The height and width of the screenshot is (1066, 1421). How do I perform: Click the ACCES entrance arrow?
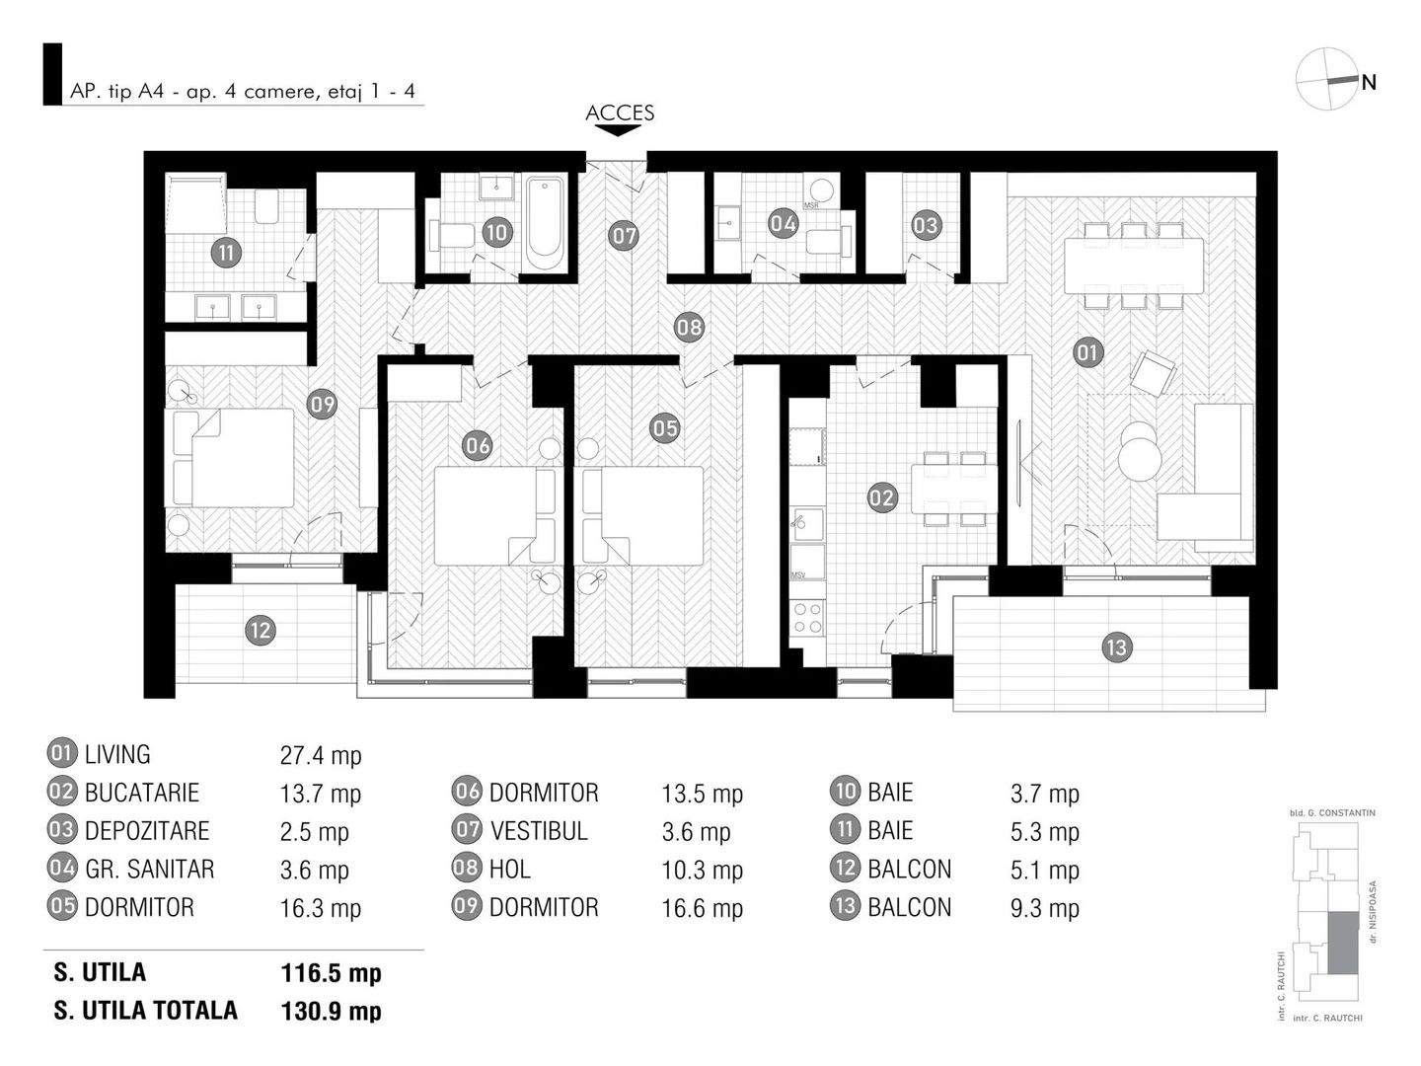(x=619, y=130)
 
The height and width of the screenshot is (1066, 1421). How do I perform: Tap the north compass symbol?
(x=1326, y=79)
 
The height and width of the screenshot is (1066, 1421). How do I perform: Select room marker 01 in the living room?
(x=1087, y=352)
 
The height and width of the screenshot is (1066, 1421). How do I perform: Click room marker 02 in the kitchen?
(x=881, y=497)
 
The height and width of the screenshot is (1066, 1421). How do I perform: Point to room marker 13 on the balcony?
(x=1116, y=647)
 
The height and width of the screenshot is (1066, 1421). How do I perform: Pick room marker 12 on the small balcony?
(x=261, y=630)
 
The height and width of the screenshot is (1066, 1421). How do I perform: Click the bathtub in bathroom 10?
(x=545, y=223)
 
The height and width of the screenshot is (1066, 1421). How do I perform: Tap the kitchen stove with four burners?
(x=808, y=618)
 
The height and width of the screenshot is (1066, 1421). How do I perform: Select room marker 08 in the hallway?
(x=689, y=327)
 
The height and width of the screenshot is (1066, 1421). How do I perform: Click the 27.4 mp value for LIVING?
(x=321, y=756)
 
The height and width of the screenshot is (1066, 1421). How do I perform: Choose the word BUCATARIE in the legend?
(x=142, y=794)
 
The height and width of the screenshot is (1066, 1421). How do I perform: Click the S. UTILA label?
(x=101, y=972)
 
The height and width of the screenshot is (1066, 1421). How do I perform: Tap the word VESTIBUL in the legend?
(x=539, y=831)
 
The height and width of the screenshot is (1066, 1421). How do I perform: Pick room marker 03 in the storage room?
(x=925, y=225)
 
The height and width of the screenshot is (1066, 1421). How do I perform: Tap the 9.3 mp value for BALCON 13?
(x=1045, y=908)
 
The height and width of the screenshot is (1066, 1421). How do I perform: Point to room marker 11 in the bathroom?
(x=226, y=253)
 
